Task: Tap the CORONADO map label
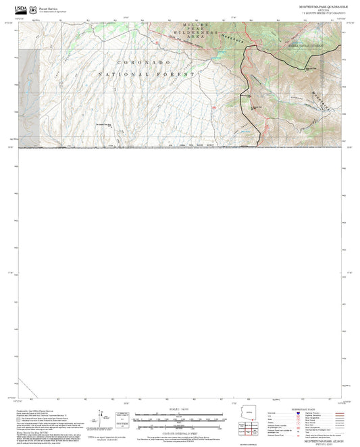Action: pyautogui.click(x=139, y=61)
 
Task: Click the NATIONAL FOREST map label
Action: pyautogui.click(x=146, y=74)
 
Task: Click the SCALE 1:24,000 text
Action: pyautogui.click(x=179, y=409)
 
